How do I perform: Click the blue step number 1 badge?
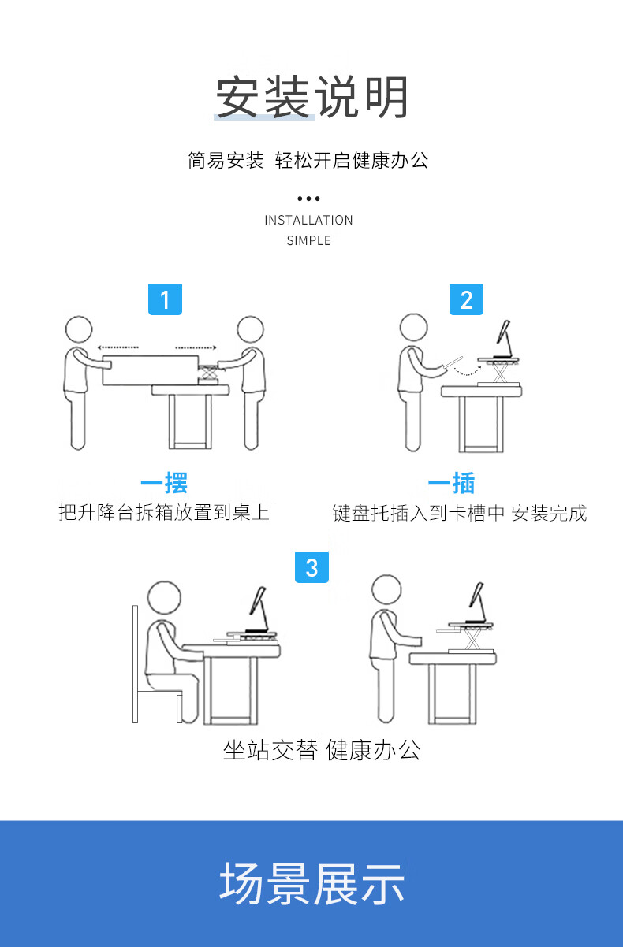tap(165, 299)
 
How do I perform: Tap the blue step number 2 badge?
tap(466, 299)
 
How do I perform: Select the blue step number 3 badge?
tap(312, 567)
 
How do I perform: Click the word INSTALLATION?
tap(308, 221)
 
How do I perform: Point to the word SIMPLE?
tap(308, 240)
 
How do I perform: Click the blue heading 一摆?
tap(164, 482)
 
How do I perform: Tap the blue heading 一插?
tap(452, 482)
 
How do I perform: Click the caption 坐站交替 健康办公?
tap(322, 750)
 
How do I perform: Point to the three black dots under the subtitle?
tap(308, 199)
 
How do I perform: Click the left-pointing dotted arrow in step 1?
tap(118, 347)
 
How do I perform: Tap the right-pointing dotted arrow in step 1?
tap(196, 347)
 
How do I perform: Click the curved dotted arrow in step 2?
tap(468, 373)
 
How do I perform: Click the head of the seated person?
tap(164, 597)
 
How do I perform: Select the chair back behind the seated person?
tap(136, 663)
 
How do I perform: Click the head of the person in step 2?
tap(413, 327)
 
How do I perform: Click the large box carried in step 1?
tap(151, 370)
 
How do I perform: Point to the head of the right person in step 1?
tap(251, 329)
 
